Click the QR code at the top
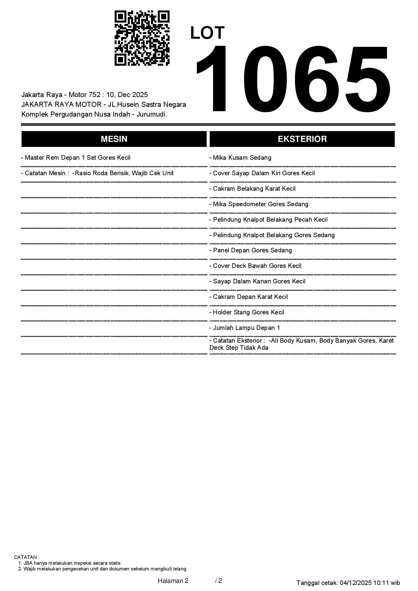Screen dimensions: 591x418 [142, 38]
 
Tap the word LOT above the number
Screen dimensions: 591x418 [207, 33]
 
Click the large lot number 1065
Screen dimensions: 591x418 [293, 79]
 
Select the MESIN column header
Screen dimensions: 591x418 [114, 139]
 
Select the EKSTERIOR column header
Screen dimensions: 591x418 [302, 139]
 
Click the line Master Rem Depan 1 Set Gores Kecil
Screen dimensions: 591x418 [76, 158]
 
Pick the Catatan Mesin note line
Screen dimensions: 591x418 [97, 173]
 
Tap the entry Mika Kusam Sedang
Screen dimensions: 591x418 [240, 158]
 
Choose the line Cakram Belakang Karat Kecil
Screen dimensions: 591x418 [252, 189]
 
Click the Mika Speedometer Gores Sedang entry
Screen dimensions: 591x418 [259, 204]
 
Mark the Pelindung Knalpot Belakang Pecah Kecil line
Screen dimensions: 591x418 [269, 220]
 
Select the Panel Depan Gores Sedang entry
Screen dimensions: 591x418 [251, 250]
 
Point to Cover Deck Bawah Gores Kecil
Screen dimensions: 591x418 [256, 266]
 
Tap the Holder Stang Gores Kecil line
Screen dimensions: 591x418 [247, 312]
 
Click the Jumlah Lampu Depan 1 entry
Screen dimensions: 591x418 [245, 328]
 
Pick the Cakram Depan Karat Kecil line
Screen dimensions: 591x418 [249, 297]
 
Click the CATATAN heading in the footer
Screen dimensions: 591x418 [27, 557]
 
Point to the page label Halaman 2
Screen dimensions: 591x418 [173, 581]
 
